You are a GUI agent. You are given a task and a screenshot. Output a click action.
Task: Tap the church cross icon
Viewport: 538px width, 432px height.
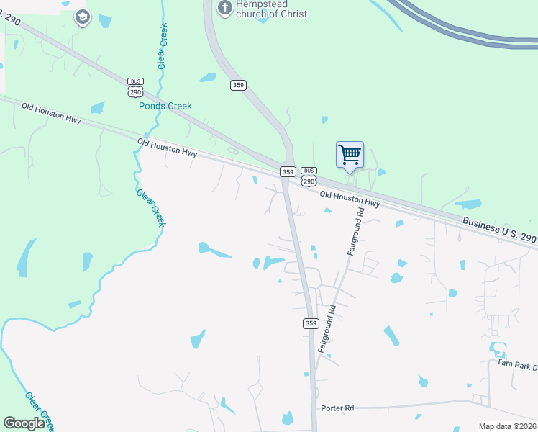(224, 8)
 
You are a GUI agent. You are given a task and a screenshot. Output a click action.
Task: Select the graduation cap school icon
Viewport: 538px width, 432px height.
(82, 17)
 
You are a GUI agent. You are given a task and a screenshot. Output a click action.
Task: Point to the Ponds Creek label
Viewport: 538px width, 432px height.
(165, 106)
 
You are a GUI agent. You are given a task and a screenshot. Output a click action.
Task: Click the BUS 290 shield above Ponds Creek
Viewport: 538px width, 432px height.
(135, 88)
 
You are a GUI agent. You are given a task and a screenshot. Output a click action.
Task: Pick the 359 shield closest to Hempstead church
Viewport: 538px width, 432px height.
(239, 85)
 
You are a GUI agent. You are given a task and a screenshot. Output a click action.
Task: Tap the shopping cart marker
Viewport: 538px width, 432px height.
(350, 155)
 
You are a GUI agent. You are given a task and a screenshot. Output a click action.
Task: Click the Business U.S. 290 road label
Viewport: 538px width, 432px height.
(499, 232)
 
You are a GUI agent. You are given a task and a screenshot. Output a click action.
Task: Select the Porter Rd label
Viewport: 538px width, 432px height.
(339, 408)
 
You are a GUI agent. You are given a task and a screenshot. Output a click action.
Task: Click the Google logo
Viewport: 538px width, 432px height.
(24, 423)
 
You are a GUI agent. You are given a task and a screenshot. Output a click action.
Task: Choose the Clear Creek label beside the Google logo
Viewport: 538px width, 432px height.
(40, 408)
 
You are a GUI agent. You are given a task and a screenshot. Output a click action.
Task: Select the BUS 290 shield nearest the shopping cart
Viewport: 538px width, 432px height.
(309, 177)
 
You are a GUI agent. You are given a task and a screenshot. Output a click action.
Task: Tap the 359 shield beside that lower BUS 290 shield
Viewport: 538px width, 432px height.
(288, 171)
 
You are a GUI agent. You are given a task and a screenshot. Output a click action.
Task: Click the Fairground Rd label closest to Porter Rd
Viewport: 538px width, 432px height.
(326, 328)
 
